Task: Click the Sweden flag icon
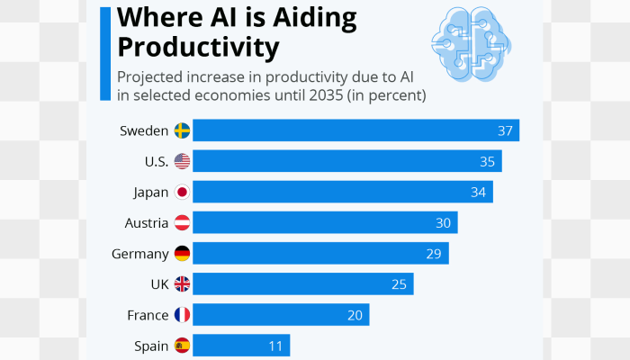click(x=182, y=130)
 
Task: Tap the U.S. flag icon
click(x=182, y=161)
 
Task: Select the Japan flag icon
click(x=182, y=192)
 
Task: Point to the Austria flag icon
click(x=182, y=222)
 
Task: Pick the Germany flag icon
click(x=182, y=253)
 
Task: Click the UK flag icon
click(x=182, y=284)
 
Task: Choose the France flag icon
click(x=182, y=315)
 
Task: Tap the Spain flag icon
click(x=182, y=346)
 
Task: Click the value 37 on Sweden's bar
click(x=505, y=131)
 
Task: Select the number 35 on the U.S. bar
click(x=487, y=162)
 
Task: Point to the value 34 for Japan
click(x=478, y=193)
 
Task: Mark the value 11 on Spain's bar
click(x=274, y=346)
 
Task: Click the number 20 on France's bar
click(x=355, y=315)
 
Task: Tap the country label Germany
click(x=139, y=254)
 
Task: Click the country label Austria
click(x=146, y=222)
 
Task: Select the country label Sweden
click(x=144, y=131)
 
